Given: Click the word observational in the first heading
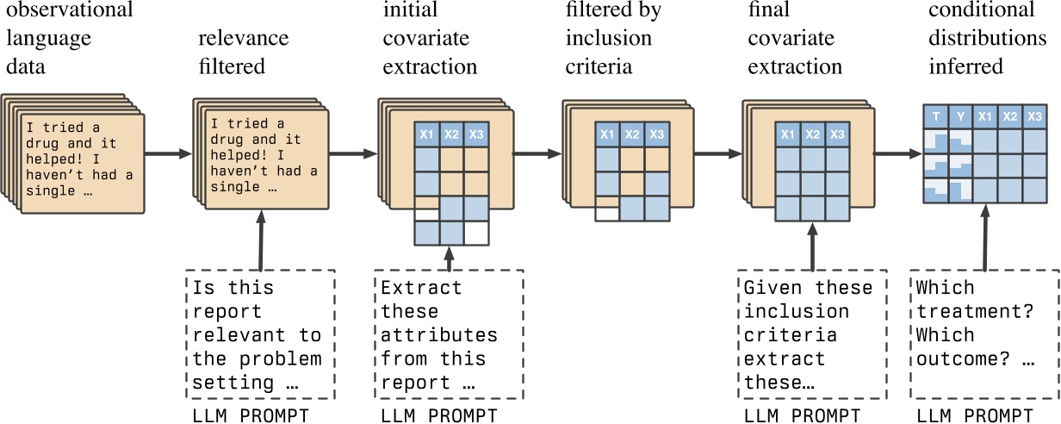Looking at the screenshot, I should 69,11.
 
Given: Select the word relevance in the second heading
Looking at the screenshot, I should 244,39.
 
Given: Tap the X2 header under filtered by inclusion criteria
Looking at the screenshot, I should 632,134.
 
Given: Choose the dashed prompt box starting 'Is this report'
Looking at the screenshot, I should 257,334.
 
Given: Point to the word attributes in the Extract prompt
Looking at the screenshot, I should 439,334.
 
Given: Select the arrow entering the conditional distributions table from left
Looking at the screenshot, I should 896,154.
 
